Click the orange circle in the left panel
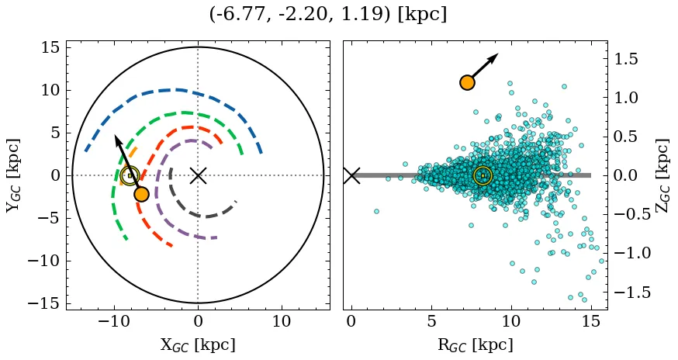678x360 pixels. click(141, 194)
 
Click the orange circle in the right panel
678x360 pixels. click(467, 82)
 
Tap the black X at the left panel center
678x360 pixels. click(198, 175)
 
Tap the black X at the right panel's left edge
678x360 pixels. click(351, 175)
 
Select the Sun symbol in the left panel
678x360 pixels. click(130, 176)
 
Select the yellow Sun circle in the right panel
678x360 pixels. click(483, 176)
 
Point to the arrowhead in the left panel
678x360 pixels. click(117, 139)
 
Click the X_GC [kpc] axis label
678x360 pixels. click(198, 344)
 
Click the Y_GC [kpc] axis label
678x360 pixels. click(13, 175)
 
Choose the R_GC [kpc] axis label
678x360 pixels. click(475, 344)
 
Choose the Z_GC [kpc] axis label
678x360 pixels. click(662, 175)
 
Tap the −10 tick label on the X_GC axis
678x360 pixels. click(114, 321)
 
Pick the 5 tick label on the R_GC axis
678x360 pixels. click(431, 321)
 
